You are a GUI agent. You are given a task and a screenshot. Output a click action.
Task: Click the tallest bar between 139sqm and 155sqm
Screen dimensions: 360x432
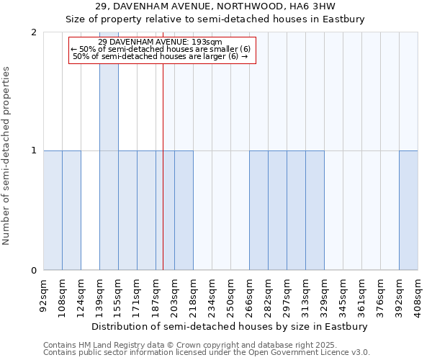109,151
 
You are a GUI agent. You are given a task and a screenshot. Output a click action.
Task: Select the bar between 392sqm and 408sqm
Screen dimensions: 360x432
408,210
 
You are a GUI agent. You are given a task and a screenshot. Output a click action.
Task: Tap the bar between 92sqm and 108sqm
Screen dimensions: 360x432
53,210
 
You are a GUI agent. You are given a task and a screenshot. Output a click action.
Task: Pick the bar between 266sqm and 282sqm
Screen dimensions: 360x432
258,210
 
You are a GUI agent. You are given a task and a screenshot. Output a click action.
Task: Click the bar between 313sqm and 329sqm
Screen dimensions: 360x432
315,210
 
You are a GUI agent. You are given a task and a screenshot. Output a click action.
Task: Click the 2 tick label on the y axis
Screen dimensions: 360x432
34,32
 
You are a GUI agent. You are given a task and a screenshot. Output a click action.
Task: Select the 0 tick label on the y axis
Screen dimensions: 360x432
34,271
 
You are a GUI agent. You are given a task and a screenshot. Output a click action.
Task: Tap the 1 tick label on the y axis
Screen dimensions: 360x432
34,151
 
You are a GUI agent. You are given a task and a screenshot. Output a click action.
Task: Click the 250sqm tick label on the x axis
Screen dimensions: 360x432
230,294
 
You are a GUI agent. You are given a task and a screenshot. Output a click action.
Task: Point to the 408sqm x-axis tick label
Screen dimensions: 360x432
418,294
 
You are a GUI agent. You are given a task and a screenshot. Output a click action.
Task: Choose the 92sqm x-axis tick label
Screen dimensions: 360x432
43,294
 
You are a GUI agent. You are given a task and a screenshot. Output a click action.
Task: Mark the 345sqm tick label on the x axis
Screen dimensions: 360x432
343,294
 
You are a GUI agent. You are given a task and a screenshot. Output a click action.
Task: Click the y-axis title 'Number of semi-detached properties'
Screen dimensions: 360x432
7,156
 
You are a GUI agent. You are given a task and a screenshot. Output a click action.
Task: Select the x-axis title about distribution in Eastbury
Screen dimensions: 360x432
230,326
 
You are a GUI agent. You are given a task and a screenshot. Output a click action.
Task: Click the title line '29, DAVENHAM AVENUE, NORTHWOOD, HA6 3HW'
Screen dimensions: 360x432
215,7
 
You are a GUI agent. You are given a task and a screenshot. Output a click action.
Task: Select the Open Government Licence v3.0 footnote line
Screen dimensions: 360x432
207,353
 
